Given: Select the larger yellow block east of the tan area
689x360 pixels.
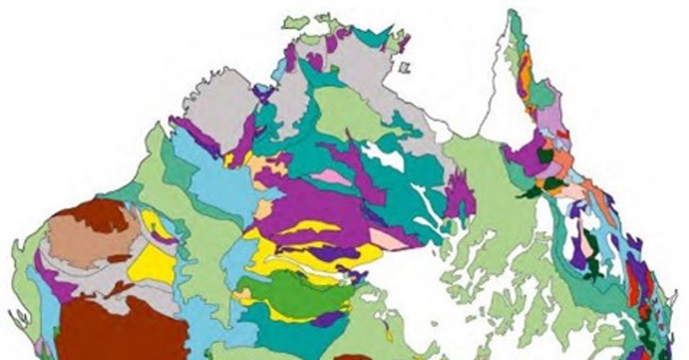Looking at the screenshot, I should coord(152,264).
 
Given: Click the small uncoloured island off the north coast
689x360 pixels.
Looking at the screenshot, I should coord(405,68).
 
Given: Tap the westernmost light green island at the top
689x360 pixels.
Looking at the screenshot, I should coord(296,23).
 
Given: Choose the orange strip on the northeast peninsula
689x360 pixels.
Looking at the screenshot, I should coord(525,75).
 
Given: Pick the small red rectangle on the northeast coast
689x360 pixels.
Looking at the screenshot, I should coord(563,134).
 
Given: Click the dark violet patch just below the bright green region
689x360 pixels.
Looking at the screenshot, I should coord(327,319).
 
